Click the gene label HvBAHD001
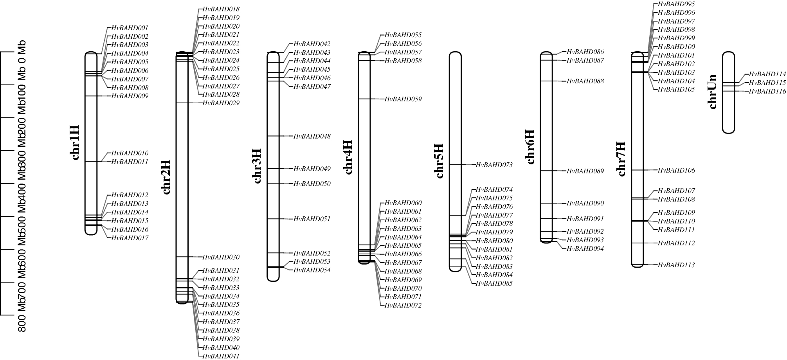130,28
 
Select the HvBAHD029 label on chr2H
221,103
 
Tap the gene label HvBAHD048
312,137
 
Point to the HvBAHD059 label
403,99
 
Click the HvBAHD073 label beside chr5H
494,165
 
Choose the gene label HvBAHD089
585,171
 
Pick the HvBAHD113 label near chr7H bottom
676,265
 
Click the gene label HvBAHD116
767,92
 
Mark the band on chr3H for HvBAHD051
273,219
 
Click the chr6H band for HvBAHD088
546,81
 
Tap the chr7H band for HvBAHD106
638,170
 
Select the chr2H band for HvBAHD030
182,257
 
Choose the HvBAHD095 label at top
676,4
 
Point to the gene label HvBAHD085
494,284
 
